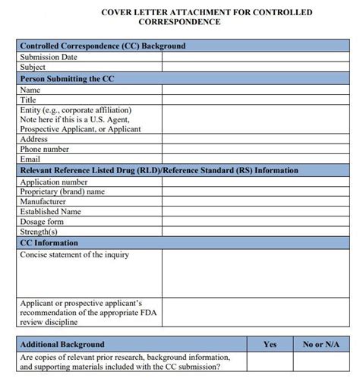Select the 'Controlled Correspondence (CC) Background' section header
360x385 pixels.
(x=103, y=46)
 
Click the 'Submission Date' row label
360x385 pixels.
(x=48, y=57)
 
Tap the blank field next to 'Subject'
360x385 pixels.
(x=251, y=67)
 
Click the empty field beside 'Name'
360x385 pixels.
(x=251, y=89)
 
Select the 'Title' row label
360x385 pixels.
(x=28, y=99)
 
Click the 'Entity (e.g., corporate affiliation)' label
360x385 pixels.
(x=75, y=110)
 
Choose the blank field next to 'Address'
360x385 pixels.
(x=251, y=140)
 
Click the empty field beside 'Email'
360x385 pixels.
(x=251, y=159)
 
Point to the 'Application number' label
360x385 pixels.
(x=54, y=182)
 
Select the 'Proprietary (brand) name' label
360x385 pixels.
(x=62, y=192)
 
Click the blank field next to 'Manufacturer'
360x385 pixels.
(x=251, y=202)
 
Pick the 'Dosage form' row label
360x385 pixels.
(x=43, y=222)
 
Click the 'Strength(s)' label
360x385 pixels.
(x=39, y=232)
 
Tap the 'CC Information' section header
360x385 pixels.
(x=50, y=243)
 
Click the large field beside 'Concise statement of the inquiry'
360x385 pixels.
(x=251, y=273)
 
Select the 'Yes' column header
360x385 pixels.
(x=270, y=344)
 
